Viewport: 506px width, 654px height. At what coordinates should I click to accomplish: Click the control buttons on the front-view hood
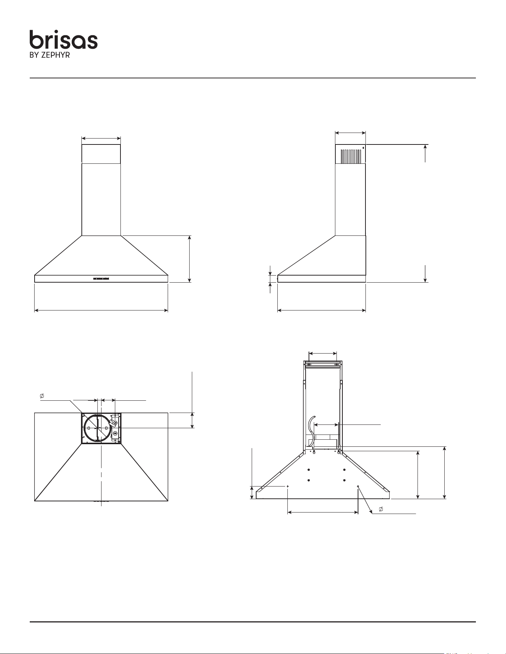(x=101, y=278)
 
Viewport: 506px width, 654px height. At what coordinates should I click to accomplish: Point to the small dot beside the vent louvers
(x=363, y=148)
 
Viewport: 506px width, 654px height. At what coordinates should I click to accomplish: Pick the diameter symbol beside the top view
(x=42, y=396)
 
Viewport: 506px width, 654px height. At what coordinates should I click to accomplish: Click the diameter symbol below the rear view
(x=381, y=509)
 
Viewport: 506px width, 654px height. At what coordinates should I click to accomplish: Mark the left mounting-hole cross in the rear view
(x=288, y=486)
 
